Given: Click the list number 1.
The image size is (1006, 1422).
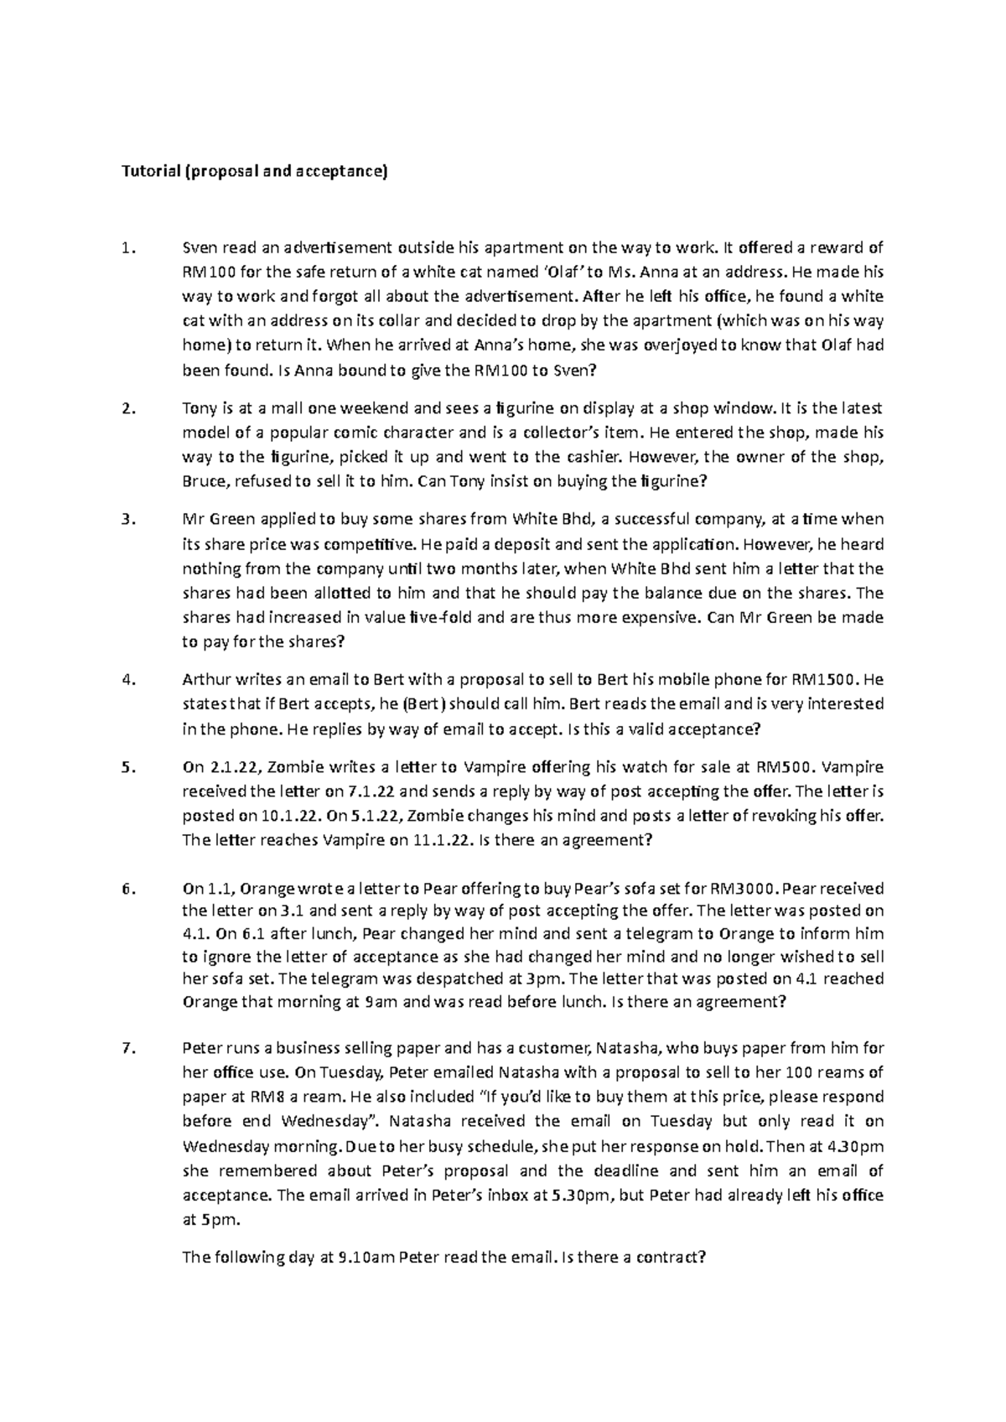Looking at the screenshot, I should tap(127, 248).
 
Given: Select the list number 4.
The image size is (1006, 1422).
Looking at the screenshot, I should tap(127, 680).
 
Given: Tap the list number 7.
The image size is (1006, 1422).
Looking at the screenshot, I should tap(127, 1048).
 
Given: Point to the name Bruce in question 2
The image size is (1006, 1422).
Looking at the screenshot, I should tap(204, 482).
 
